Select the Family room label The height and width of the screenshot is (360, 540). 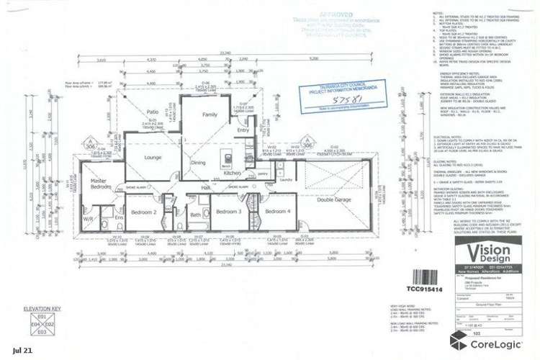[x=210, y=115]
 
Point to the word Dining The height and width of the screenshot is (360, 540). [x=198, y=162]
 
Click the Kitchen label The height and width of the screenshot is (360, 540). [x=233, y=174]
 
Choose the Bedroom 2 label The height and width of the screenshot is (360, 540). [x=145, y=212]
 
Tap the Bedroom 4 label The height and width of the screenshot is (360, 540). [x=277, y=212]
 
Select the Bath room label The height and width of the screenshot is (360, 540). [x=195, y=215]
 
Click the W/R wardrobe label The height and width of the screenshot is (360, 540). [x=88, y=218]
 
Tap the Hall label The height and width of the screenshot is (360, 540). [x=206, y=188]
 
